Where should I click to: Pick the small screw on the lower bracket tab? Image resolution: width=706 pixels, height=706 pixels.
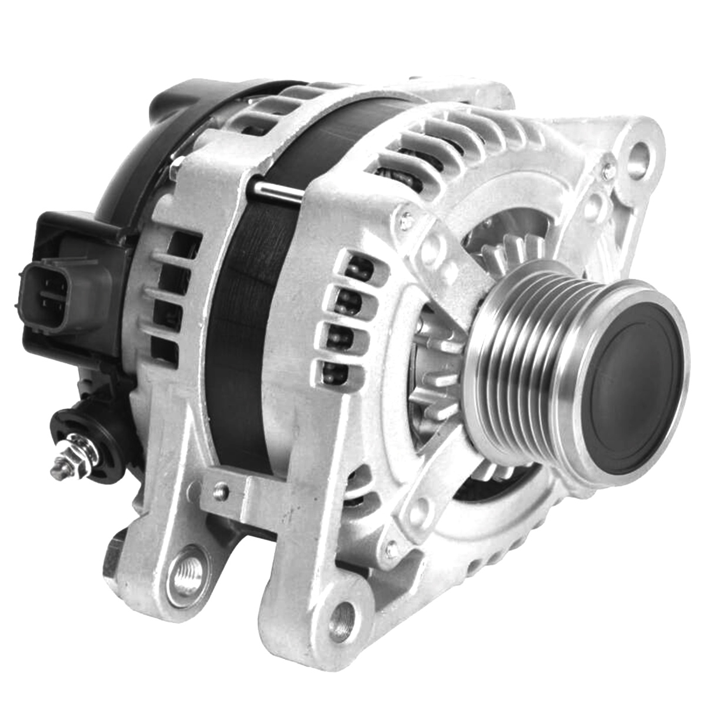pyautogui.click(x=222, y=488)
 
